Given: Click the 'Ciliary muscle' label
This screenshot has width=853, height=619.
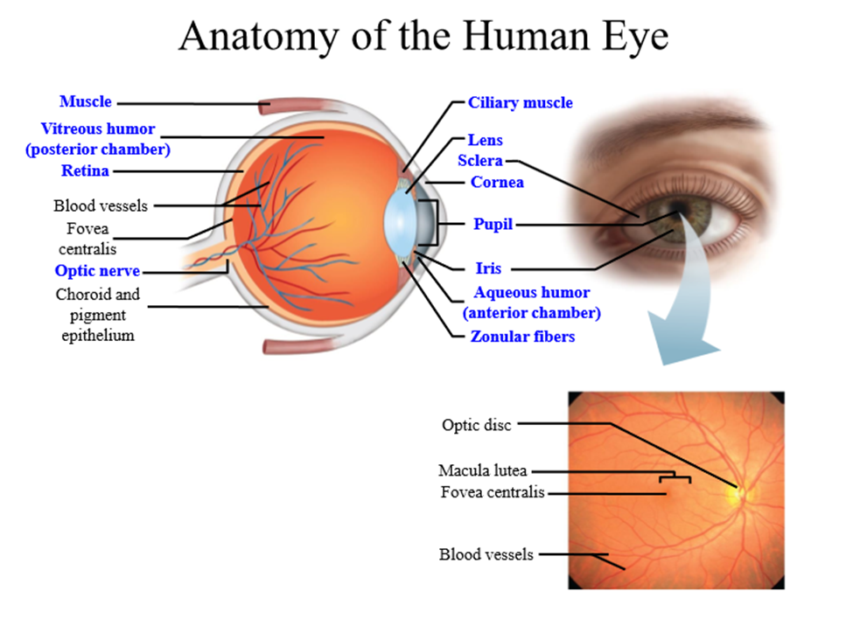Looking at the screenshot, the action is tap(520, 102).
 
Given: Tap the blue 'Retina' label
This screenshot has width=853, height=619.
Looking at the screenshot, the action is tap(85, 170).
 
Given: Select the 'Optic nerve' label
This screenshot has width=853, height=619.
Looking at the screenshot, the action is tap(97, 271).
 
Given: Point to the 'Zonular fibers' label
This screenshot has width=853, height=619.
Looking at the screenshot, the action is tap(522, 337).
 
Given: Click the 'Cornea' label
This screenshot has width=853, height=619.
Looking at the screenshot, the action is tap(497, 182).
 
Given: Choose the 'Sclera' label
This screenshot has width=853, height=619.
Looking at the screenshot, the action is tap(479, 161).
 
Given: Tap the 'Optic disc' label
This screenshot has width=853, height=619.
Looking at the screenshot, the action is tap(477, 425).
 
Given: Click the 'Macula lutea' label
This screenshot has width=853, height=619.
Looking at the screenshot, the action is tap(483, 470).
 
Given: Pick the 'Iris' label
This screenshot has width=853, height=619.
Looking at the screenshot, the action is tap(488, 268).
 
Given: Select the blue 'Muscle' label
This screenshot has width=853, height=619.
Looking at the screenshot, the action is tap(86, 101).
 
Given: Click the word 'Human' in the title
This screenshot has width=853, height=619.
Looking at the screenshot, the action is tap(526, 36).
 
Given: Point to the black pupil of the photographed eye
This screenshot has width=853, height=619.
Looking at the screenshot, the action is tap(678, 209).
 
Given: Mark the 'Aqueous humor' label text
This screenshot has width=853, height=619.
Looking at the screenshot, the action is tap(532, 292).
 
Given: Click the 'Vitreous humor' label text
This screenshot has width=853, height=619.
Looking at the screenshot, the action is tap(98, 129).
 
